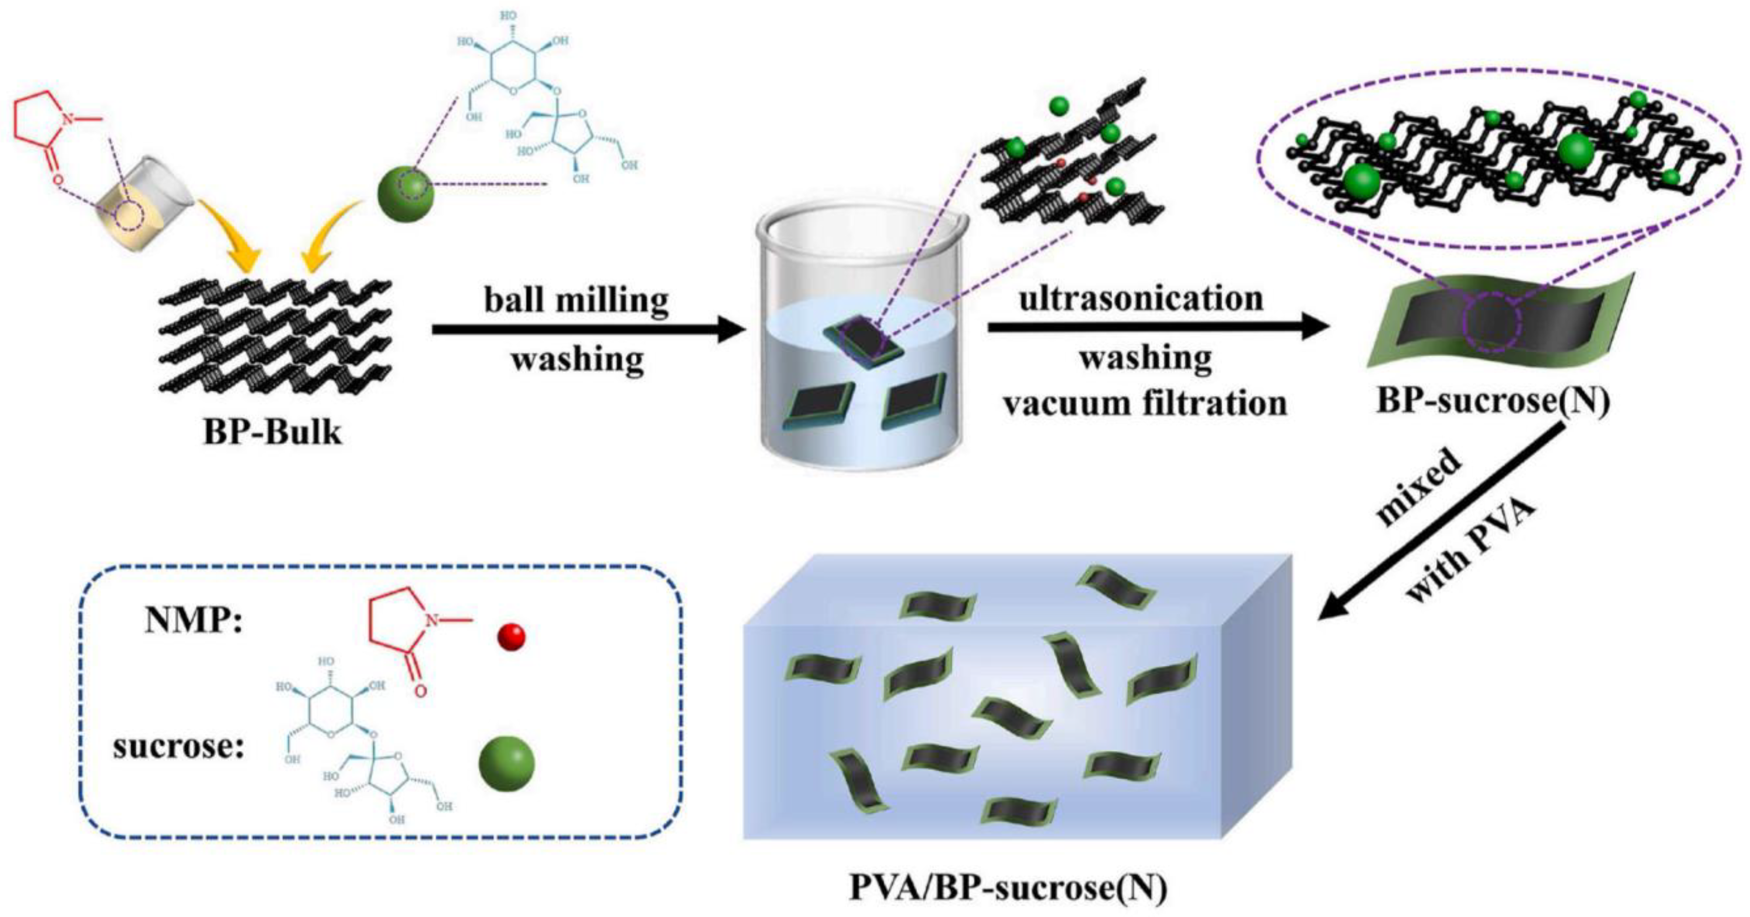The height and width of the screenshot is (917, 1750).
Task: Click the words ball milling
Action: [x=576, y=300]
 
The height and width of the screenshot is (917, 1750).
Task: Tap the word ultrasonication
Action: [x=1142, y=298]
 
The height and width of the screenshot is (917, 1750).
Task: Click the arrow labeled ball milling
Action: [x=588, y=330]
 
